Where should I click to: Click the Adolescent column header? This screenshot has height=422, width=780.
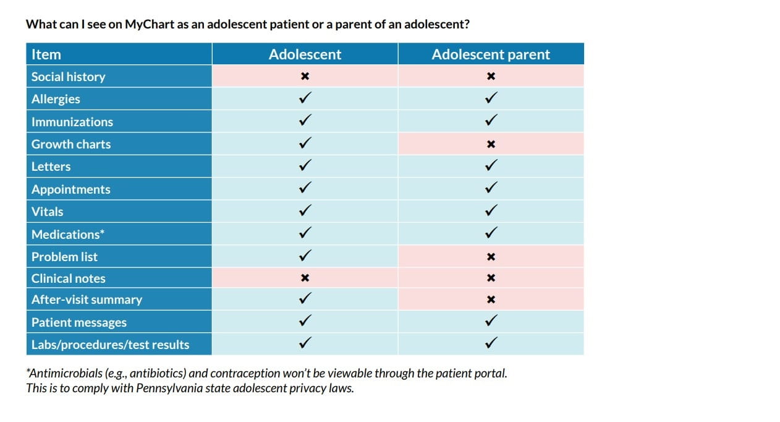tap(305, 54)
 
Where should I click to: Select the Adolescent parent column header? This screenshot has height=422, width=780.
tap(491, 54)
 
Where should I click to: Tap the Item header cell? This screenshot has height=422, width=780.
tap(46, 54)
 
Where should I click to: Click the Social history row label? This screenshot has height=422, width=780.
tap(69, 77)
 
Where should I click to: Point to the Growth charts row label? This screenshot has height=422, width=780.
tap(71, 144)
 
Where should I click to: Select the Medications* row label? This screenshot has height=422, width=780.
tap(67, 234)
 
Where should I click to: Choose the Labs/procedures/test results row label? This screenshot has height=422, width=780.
tap(111, 345)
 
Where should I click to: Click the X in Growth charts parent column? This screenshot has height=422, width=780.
tap(491, 144)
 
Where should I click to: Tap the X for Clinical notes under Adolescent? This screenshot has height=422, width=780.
tap(304, 278)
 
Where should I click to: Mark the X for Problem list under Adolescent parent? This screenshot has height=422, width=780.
tap(491, 256)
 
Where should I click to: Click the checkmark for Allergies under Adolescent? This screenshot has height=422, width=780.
tap(305, 98)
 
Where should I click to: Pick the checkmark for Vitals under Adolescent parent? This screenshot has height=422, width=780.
tap(491, 211)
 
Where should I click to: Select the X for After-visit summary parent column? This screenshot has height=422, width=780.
tap(491, 300)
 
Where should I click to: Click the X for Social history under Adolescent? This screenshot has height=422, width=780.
tap(305, 77)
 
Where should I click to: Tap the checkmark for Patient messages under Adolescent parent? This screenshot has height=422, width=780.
tap(491, 321)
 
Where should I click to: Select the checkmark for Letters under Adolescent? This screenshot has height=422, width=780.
tap(305, 166)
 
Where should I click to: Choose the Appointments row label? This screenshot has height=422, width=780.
tap(71, 189)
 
